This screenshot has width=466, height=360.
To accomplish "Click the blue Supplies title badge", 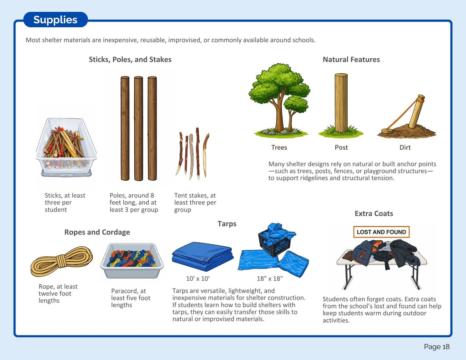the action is click(x=55, y=20).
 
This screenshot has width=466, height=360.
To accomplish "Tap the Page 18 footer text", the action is click(x=436, y=347).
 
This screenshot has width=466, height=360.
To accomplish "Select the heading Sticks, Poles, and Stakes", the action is click(x=130, y=60).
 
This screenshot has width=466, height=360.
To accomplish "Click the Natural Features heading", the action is click(x=351, y=60).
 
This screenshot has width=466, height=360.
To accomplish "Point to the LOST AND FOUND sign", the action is click(x=381, y=232).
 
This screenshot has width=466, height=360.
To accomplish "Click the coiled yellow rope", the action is click(x=61, y=261).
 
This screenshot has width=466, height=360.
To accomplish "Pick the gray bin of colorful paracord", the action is click(x=132, y=261).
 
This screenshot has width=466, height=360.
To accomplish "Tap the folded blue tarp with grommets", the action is click(x=203, y=256).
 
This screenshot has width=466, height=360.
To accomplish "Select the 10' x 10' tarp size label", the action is click(x=198, y=279).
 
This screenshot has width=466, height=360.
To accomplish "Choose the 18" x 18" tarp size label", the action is click(x=269, y=279).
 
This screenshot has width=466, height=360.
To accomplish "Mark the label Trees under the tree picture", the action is click(x=279, y=147).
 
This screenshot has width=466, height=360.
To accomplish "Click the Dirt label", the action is click(x=405, y=147).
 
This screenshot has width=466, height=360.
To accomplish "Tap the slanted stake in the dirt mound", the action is click(x=417, y=112).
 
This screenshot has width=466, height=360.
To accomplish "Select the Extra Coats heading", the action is click(x=374, y=213).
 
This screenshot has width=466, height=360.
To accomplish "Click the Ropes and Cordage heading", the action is click(x=97, y=232).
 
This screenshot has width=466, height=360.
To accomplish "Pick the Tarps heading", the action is click(x=227, y=224).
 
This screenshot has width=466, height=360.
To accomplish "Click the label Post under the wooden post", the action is click(x=341, y=147).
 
